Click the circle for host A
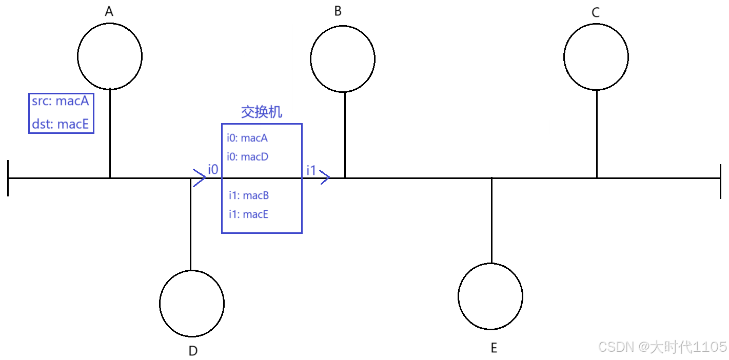(110, 56)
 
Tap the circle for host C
(596, 57)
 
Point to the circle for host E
(490, 296)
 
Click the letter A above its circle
(109, 12)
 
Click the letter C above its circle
(596, 13)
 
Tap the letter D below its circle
(193, 351)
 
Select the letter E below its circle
(494, 349)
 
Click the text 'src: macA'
(61, 102)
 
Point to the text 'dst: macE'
(61, 124)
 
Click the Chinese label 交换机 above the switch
(262, 112)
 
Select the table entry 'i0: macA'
(247, 138)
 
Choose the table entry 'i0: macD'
(247, 156)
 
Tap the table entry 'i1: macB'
(249, 195)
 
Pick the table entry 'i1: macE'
(249, 214)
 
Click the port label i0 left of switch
(213, 169)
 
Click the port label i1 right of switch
(311, 170)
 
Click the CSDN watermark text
(662, 347)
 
